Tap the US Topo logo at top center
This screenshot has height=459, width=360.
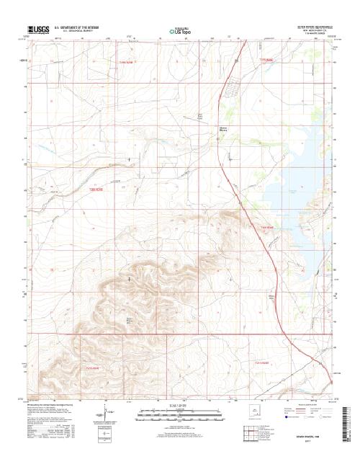pyautogui.click(x=179, y=31)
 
